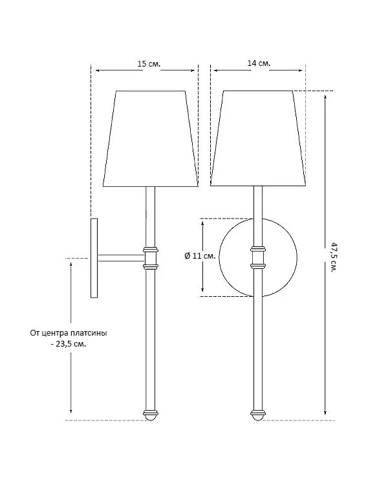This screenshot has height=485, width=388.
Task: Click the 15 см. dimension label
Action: (149, 64)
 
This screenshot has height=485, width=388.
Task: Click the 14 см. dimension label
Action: (259, 63)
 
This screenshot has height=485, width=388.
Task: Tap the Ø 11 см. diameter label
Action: (200, 256)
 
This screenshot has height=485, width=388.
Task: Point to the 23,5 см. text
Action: (71, 344)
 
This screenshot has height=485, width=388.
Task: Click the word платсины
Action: (89, 333)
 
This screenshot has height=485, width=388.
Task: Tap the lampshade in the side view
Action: (151, 139)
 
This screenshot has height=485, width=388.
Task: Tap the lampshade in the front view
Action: (258, 138)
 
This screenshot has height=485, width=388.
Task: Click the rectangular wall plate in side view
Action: (94, 258)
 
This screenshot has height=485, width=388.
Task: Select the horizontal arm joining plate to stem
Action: (121, 258)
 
